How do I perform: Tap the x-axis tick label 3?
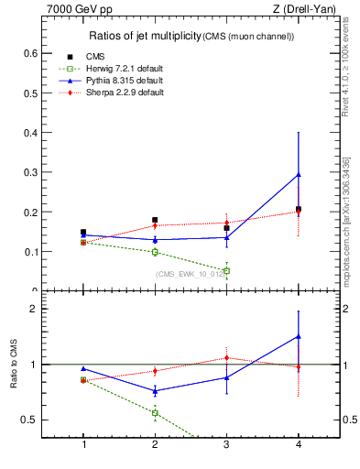[226, 445]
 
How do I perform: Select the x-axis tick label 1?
[84, 445]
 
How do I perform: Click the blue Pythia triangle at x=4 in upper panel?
[298, 174]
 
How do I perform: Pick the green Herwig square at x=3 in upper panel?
[226, 270]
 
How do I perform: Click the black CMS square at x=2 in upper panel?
[155, 220]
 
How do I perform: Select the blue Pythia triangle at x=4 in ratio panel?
[298, 336]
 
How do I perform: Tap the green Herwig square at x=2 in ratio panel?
[155, 413]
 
